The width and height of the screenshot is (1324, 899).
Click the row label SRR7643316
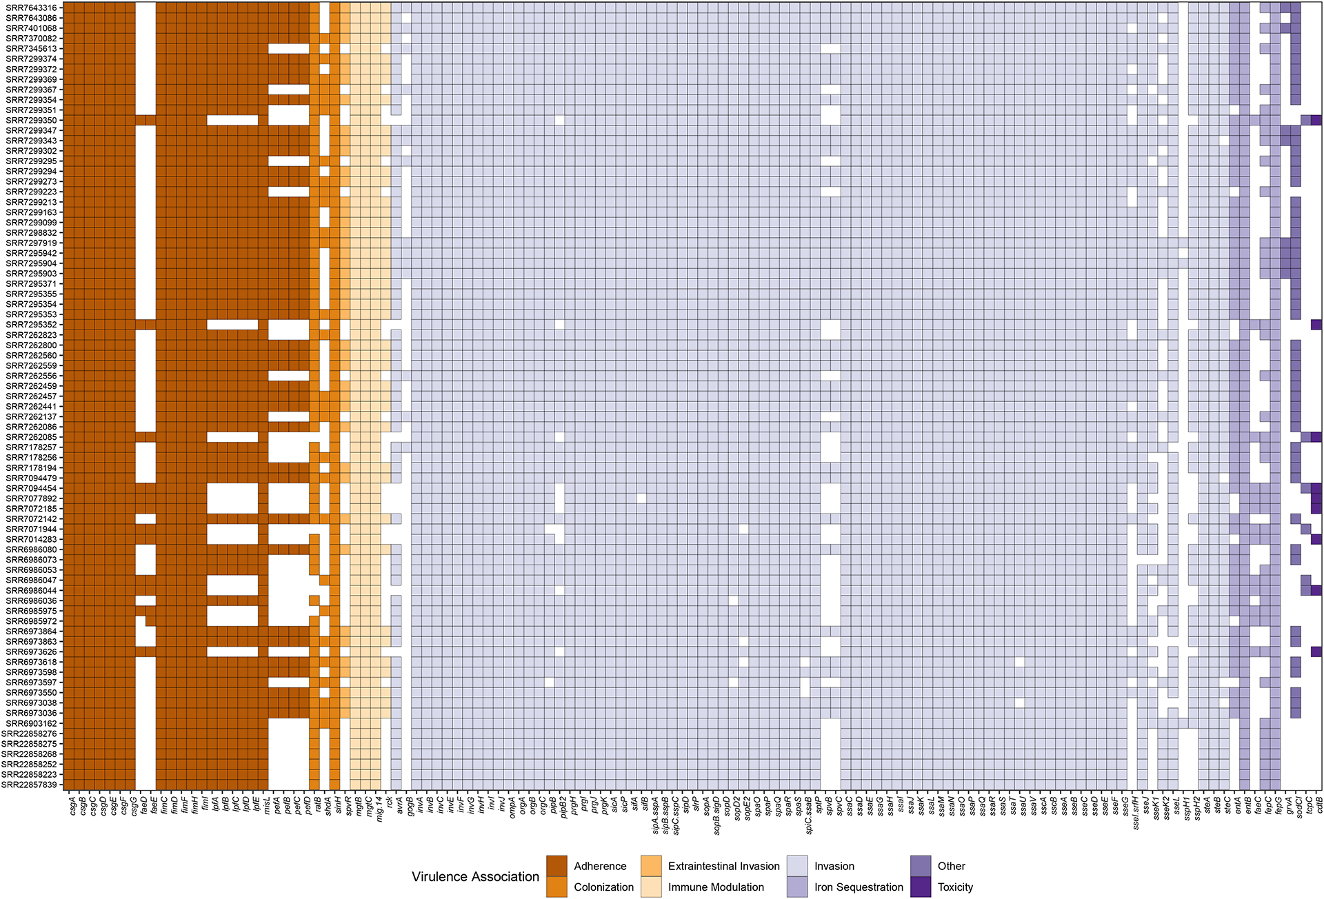(32, 8)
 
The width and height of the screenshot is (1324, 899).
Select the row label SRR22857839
(30, 785)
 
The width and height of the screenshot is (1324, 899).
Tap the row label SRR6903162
(32, 724)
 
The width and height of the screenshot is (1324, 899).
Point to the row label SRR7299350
(32, 120)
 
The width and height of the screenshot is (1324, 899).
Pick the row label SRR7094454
(32, 489)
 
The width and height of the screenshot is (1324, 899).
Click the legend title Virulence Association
(475, 877)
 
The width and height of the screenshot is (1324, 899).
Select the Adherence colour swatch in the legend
(556, 866)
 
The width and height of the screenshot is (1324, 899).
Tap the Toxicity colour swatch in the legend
(921, 887)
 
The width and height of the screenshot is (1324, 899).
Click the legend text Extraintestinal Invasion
(723, 866)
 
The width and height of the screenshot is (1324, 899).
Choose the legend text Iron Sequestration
(859, 887)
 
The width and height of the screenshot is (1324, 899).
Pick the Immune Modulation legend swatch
(651, 887)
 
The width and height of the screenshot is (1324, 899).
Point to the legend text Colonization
(603, 887)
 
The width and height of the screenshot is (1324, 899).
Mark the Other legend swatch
(921, 866)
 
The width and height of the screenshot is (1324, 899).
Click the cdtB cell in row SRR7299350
(1316, 120)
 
